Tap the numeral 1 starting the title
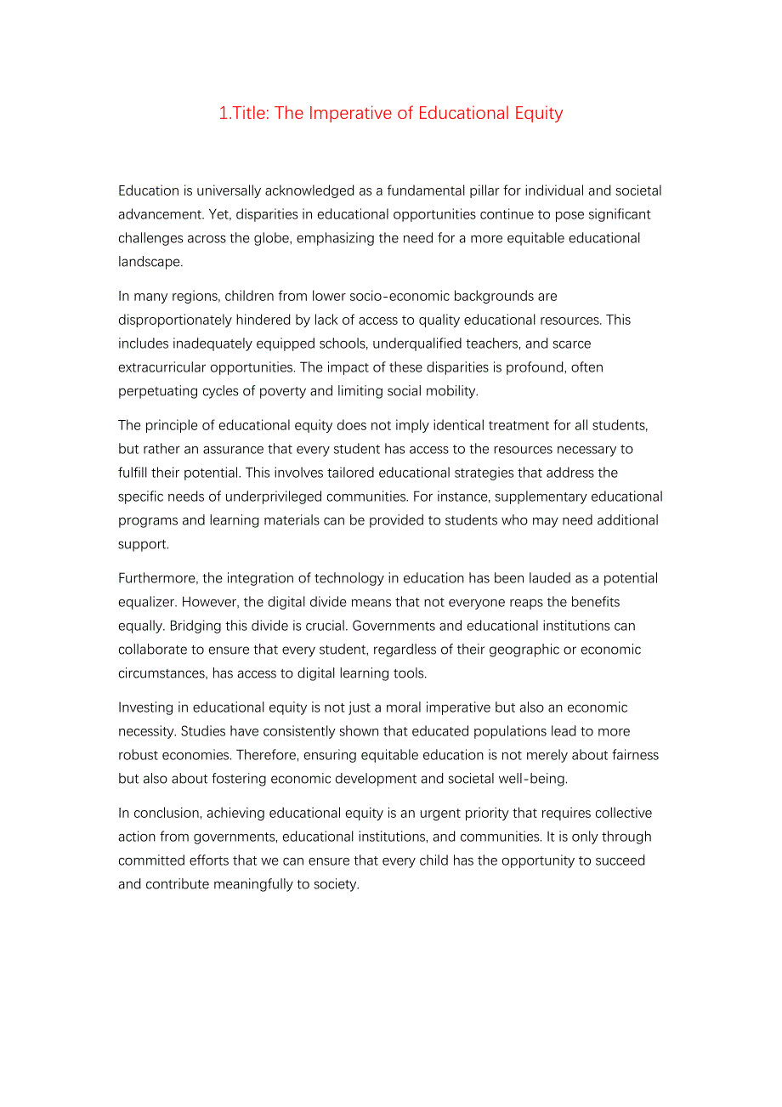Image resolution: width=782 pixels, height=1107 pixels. point(223,113)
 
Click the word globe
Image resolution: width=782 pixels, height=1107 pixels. point(274,238)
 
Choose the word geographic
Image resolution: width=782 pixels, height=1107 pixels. point(509,650)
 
